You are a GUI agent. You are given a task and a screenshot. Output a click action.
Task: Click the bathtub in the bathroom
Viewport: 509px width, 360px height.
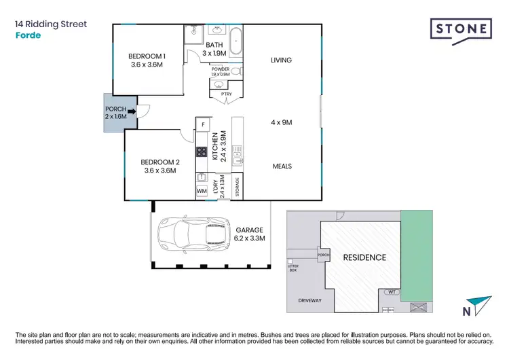pyautogui.click(x=237, y=41)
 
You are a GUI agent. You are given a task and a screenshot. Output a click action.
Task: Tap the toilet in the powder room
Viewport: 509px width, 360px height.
pyautogui.click(x=235, y=71)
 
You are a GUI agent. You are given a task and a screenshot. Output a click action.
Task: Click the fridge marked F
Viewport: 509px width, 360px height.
pyautogui.click(x=202, y=124)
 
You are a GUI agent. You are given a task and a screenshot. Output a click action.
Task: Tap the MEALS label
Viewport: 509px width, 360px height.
pyautogui.click(x=282, y=166)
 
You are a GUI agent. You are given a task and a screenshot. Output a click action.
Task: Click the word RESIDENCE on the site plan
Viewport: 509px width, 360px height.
pyautogui.click(x=364, y=257)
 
